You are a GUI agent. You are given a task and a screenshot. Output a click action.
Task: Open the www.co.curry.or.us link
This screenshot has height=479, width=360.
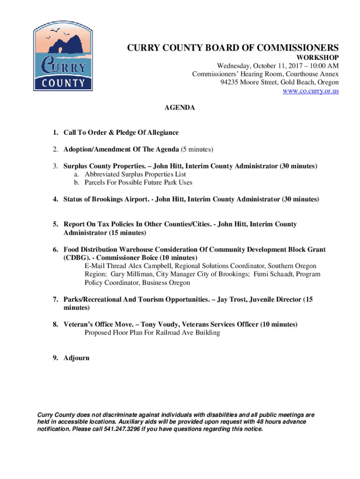310,91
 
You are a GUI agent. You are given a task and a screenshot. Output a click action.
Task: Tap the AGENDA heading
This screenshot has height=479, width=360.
180,108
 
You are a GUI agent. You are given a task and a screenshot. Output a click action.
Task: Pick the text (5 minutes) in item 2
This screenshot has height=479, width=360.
197,149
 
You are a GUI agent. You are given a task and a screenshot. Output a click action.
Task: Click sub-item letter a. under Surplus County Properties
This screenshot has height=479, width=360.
76,174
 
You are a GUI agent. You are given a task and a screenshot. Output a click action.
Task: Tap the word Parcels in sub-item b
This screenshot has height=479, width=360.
96,182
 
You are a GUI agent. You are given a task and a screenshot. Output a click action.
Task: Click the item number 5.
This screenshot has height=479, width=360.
55,224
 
